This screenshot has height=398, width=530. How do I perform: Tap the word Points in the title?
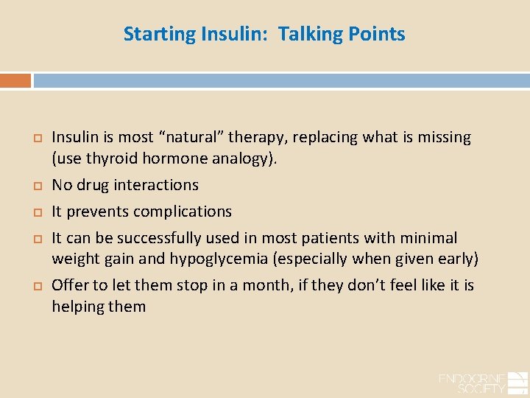point(378,34)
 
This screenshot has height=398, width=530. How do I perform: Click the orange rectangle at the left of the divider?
point(15,80)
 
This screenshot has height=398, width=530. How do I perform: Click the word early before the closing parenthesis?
point(454,259)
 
